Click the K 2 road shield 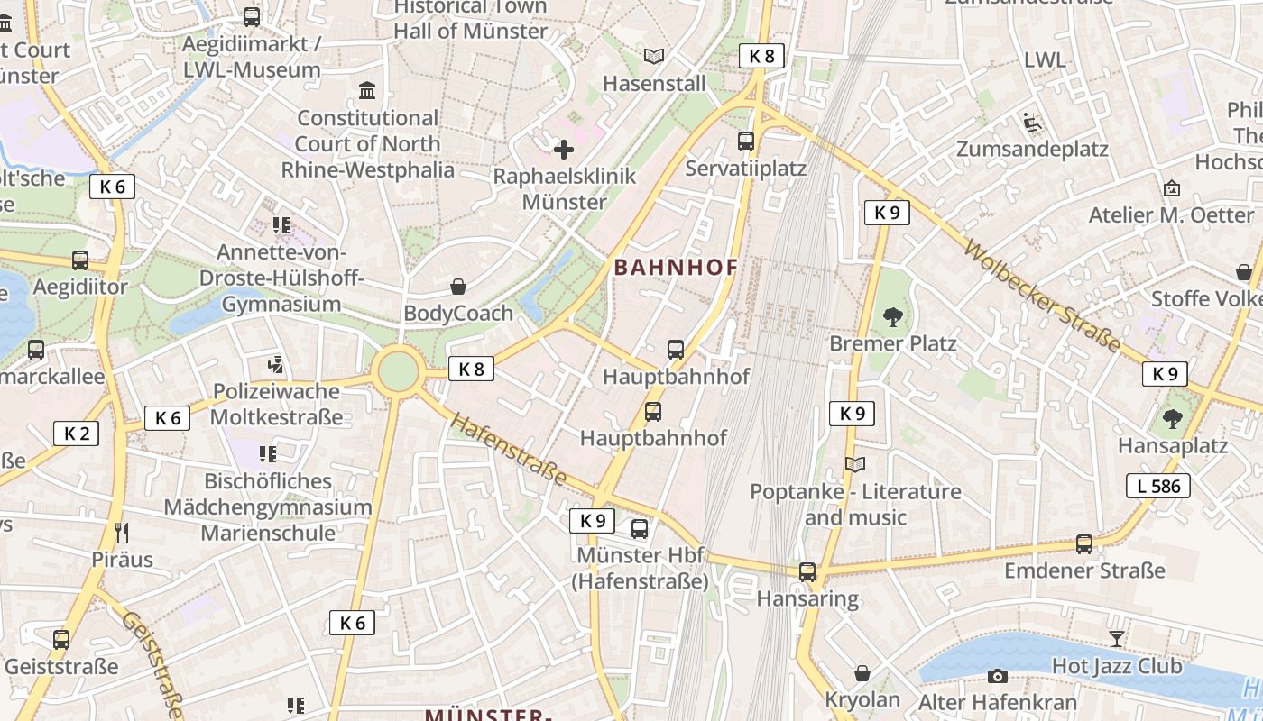(x=77, y=434)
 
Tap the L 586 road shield (x=1158, y=487)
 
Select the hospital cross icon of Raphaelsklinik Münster (x=564, y=149)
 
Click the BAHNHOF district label (x=676, y=268)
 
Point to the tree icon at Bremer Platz (x=893, y=316)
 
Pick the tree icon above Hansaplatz (x=1172, y=419)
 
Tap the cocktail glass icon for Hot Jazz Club (x=1117, y=639)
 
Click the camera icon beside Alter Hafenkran (x=997, y=676)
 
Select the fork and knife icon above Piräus (x=123, y=533)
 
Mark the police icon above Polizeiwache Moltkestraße (x=276, y=365)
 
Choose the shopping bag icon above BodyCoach (x=458, y=287)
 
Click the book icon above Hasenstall (x=654, y=57)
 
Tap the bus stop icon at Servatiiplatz (x=745, y=141)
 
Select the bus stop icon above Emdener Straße (x=1084, y=544)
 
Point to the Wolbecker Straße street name (x=1042, y=296)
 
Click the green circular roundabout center (x=398, y=371)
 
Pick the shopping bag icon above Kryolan (x=862, y=673)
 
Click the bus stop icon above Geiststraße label (x=61, y=640)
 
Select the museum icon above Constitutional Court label (x=367, y=91)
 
